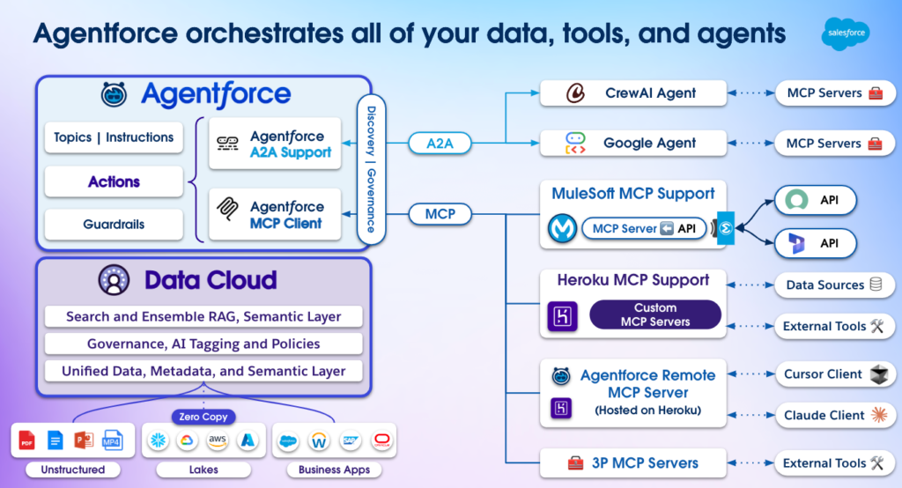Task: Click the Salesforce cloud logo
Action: [x=846, y=33]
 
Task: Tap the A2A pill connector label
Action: [x=440, y=144]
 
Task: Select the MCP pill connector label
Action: [x=440, y=214]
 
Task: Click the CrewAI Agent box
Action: [x=632, y=93]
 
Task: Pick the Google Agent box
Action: [x=632, y=143]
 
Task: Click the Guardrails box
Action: [x=114, y=225]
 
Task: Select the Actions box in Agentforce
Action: [x=114, y=181]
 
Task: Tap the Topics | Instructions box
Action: [x=114, y=137]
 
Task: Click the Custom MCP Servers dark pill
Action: [x=655, y=314]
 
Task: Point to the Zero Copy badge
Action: [x=203, y=417]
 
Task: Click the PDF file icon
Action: [x=26, y=440]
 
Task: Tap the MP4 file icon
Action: [x=112, y=440]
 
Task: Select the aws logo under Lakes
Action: [x=218, y=440]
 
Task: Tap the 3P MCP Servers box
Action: [x=632, y=463]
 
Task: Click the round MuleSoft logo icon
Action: [x=562, y=228]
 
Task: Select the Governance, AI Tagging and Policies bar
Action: [x=203, y=344]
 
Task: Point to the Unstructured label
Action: [x=73, y=470]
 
